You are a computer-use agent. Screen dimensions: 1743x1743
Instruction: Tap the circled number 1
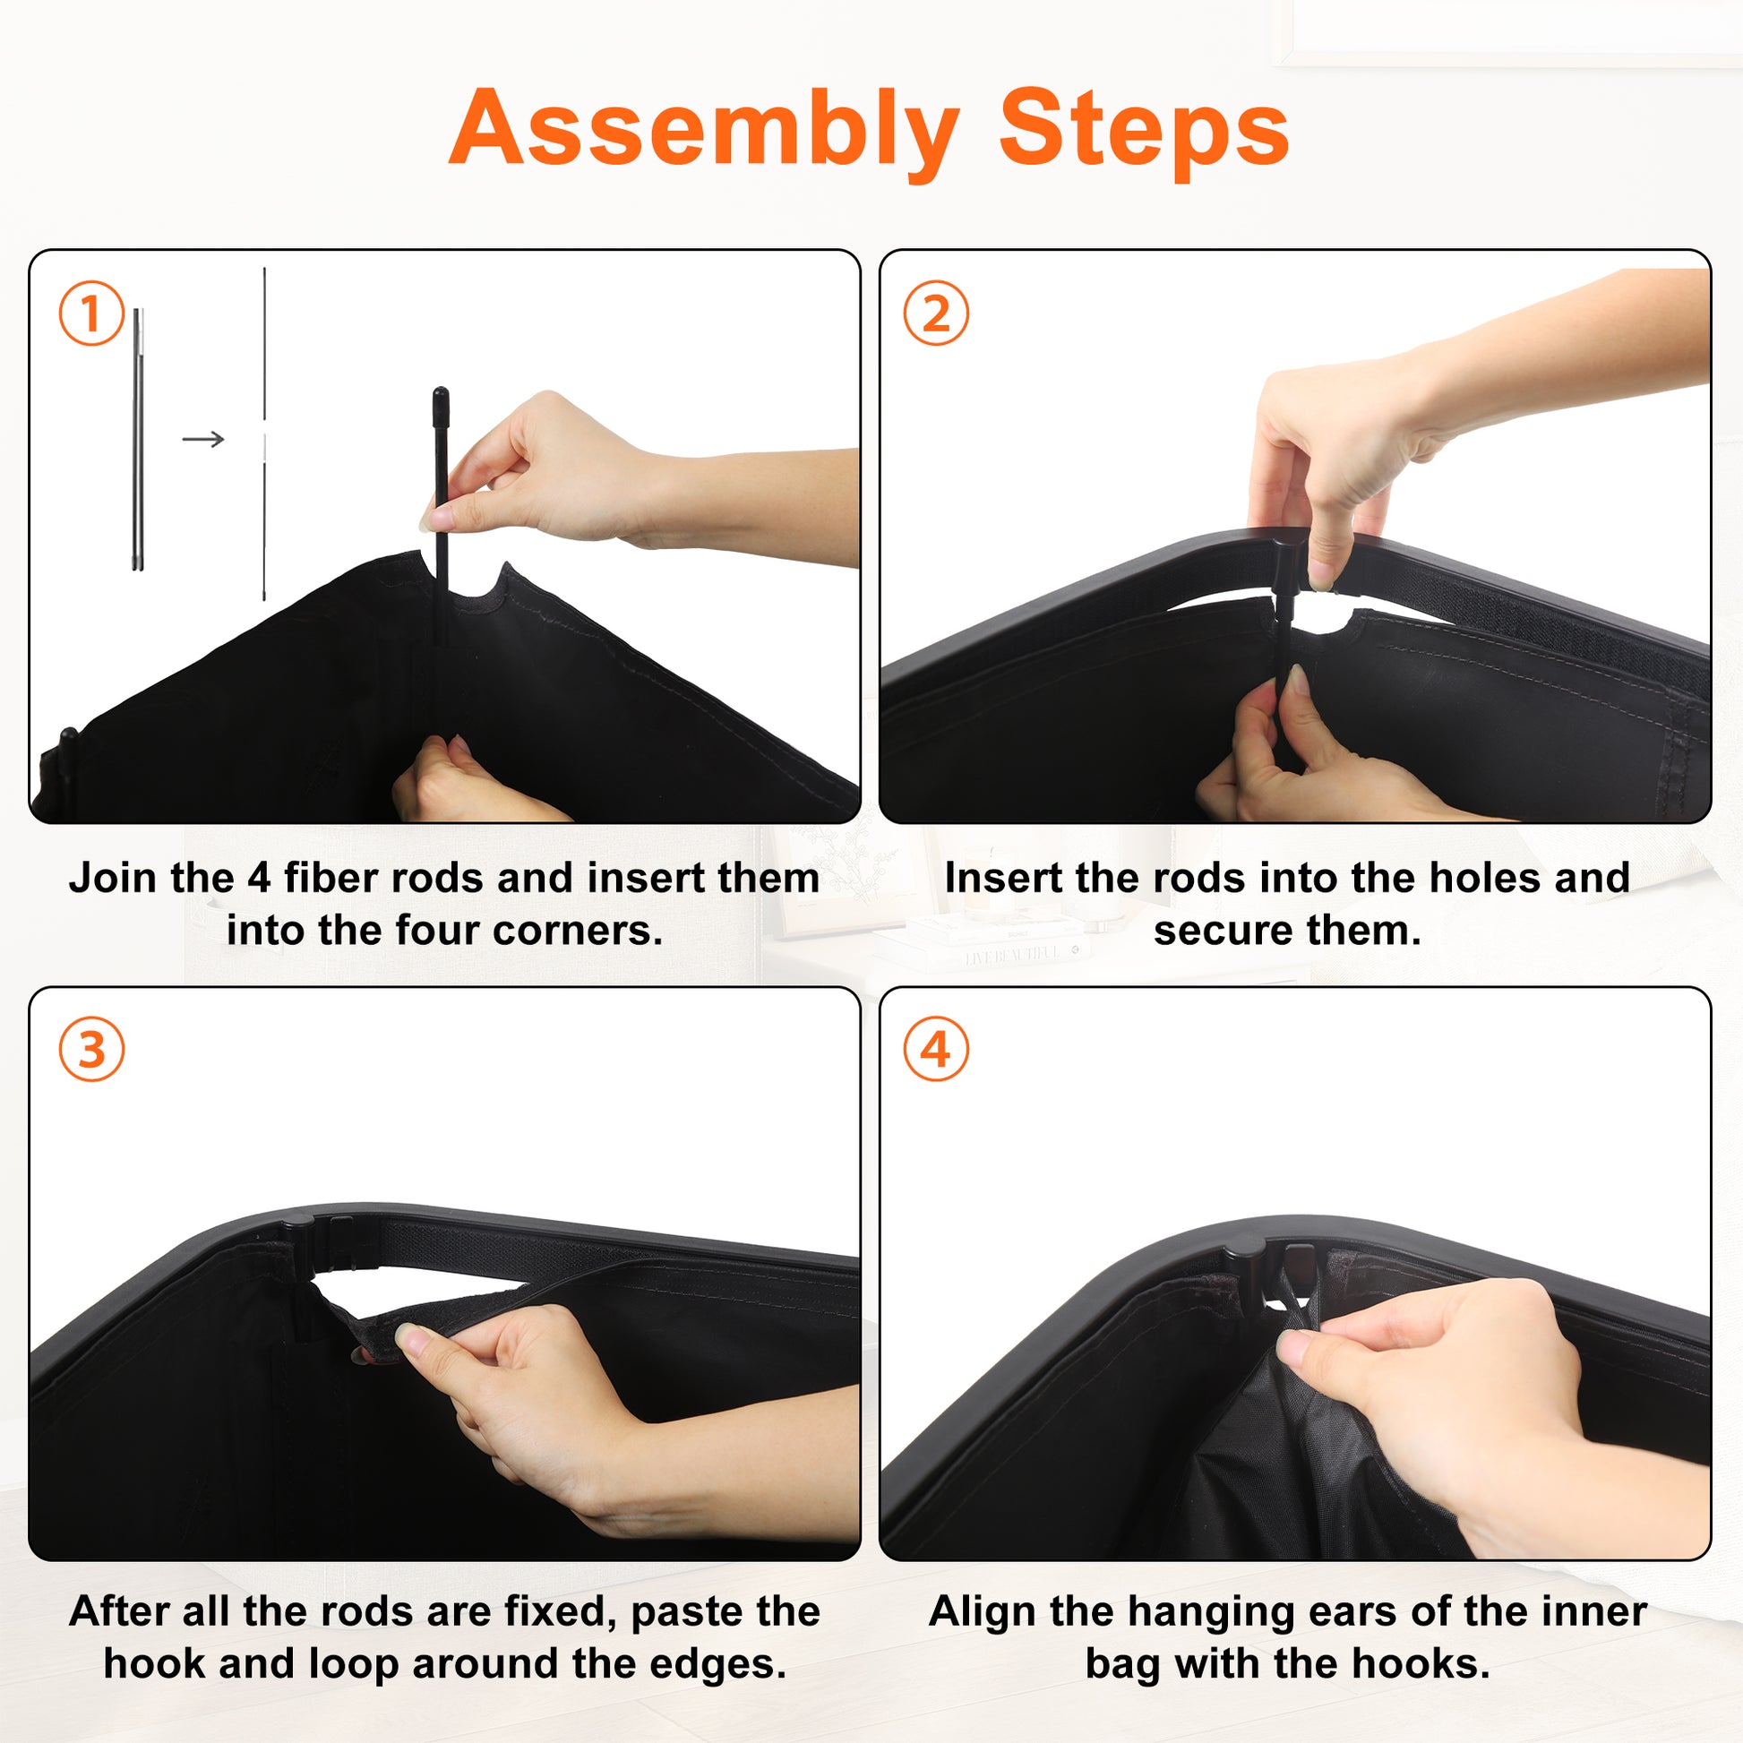pyautogui.click(x=91, y=313)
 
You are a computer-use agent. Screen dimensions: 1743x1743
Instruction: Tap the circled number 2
pyautogui.click(x=936, y=313)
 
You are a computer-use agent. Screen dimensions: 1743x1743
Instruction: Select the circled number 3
pyautogui.click(x=91, y=1049)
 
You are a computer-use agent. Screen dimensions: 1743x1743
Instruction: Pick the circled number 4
pyautogui.click(x=936, y=1049)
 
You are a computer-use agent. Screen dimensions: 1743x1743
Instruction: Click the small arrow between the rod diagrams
pyautogui.click(x=203, y=440)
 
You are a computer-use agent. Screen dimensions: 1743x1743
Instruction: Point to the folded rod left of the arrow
pyautogui.click(x=138, y=440)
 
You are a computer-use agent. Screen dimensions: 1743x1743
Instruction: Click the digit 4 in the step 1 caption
pyautogui.click(x=259, y=879)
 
